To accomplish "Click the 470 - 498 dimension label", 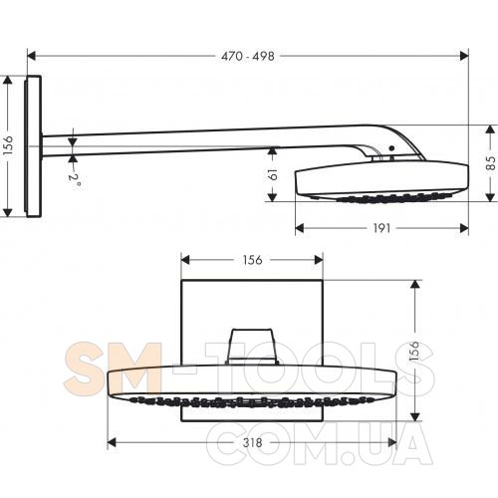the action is click(x=248, y=56).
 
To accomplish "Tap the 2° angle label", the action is click(x=75, y=179).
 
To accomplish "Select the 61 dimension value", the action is click(x=272, y=174).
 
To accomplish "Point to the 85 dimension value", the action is click(x=490, y=163).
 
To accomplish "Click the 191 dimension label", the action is click(x=381, y=228).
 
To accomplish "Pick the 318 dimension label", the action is click(x=252, y=442).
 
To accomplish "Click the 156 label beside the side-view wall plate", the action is click(x=7, y=145).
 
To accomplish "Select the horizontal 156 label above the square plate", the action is click(x=252, y=260).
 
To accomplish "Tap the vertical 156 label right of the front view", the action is click(x=414, y=351).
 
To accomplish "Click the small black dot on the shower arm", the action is click(x=392, y=148).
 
